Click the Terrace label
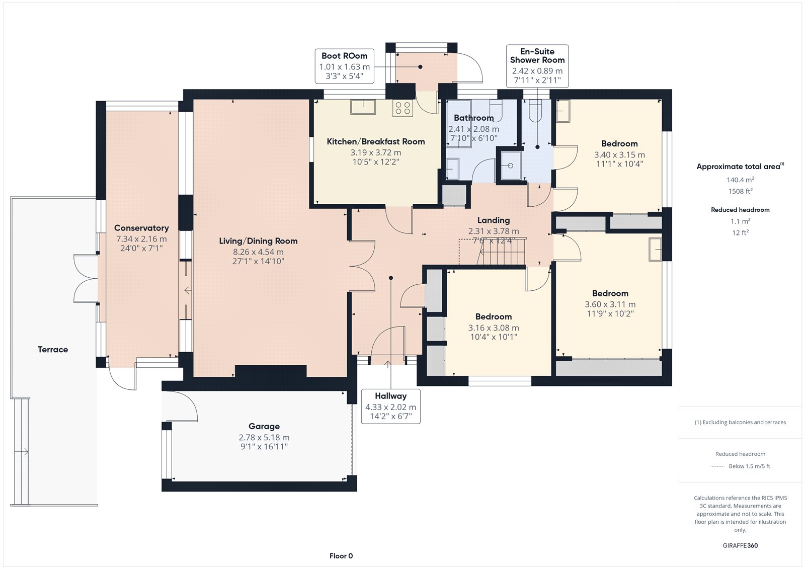pos(53,349)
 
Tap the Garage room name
pos(264,426)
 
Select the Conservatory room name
pos(141,228)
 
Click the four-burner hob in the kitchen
pos(403,108)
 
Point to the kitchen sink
pos(363,107)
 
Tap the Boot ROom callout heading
pos(344,56)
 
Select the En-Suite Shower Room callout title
pos(537,56)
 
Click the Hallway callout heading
pos(390,396)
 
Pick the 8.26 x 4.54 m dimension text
pos(258,252)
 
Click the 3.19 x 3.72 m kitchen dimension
pos(376,152)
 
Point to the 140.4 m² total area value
pos(740,180)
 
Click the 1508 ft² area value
pos(740,191)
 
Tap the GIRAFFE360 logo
pos(740,545)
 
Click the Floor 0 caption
pos(341,556)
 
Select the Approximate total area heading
pos(740,166)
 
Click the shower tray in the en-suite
pos(510,166)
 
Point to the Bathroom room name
pos(473,118)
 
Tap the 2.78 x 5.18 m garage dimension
pos(264,438)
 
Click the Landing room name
pos(494,220)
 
